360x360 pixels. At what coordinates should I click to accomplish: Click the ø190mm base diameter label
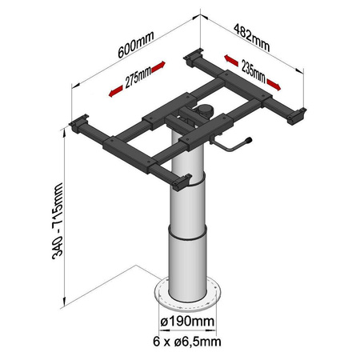click(x=189, y=322)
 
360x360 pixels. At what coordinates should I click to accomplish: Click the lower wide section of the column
click(x=188, y=256)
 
